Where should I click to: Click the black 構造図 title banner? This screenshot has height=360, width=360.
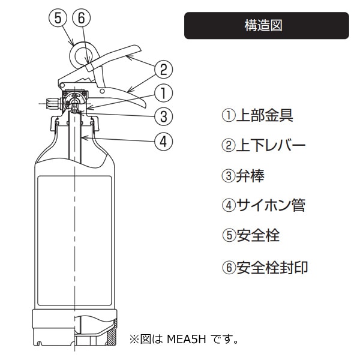pyautogui.click(x=266, y=25)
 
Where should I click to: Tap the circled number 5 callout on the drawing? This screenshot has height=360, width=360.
pyautogui.click(x=58, y=18)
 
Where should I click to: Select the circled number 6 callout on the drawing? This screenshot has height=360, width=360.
pyautogui.click(x=81, y=18)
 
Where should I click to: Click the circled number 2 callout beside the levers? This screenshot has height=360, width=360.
pyautogui.click(x=163, y=70)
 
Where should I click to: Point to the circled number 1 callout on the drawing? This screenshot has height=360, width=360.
pyautogui.click(x=163, y=93)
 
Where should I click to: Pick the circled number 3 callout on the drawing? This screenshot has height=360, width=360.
pyautogui.click(x=163, y=116)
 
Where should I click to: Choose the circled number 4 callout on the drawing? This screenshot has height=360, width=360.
pyautogui.click(x=163, y=141)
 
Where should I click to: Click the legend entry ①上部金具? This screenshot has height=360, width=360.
pyautogui.click(x=257, y=115)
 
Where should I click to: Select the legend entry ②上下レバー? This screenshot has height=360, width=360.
pyautogui.click(x=263, y=145)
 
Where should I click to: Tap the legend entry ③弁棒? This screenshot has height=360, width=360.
pyautogui.click(x=243, y=176)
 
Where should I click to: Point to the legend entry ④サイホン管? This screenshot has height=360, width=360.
pyautogui.click(x=263, y=205)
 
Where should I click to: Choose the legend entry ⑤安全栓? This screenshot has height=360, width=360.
pyautogui.click(x=251, y=235)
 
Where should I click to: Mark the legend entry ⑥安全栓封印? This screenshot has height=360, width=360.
pyautogui.click(x=265, y=268)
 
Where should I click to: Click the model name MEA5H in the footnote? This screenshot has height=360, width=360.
pyautogui.click(x=186, y=338)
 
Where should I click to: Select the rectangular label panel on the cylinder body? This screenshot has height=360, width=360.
pyautogui.click(x=74, y=241)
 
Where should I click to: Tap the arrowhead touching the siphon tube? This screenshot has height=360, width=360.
pyautogui.click(x=84, y=138)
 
